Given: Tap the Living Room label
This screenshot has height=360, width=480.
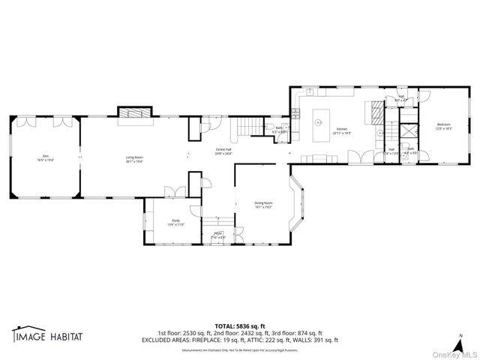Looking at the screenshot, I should tap(134, 159).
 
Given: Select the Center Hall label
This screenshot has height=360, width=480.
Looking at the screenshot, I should tap(223, 151).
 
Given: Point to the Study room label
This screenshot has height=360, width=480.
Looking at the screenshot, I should tap(175, 222).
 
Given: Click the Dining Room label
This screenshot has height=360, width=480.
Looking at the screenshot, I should tap(263, 205).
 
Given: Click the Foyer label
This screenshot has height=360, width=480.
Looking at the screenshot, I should tap(218, 236).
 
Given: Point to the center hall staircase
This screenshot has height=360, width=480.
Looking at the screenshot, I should tap(247, 128).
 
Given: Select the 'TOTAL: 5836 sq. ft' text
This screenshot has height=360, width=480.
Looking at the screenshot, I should tap(239, 325).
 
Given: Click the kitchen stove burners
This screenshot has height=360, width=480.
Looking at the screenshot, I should tap(374, 112).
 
